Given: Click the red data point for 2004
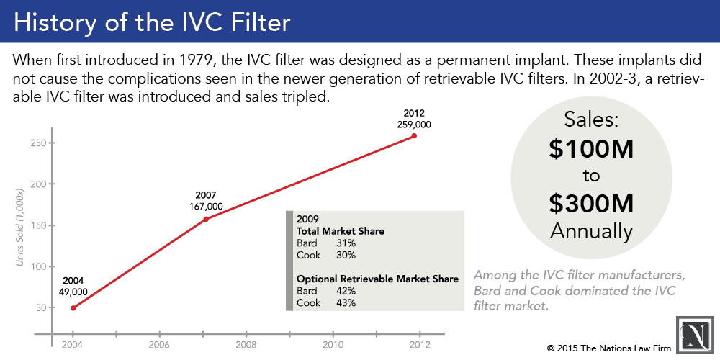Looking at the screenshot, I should click(x=73, y=307).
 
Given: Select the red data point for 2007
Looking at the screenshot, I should click(x=206, y=219).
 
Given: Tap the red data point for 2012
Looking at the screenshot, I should click(x=414, y=135).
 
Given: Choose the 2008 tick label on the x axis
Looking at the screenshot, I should click(x=246, y=345).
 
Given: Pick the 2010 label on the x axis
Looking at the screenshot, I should click(x=333, y=345).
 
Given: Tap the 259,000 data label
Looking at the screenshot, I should click(x=414, y=124).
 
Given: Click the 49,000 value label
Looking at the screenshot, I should click(x=73, y=292).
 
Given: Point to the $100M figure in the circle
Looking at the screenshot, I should click(x=590, y=149).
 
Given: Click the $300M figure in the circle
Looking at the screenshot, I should click(x=590, y=204).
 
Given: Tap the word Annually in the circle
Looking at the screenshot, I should click(x=590, y=230).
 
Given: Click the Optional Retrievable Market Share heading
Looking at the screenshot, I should click(x=377, y=279).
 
